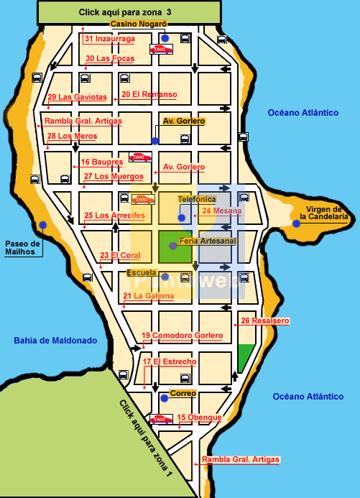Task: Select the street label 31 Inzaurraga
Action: click(109, 39)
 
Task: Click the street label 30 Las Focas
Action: click(110, 59)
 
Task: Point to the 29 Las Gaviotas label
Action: click(77, 97)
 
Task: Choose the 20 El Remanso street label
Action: click(149, 94)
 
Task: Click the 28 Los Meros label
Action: click(72, 136)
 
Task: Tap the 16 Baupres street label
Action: click(102, 162)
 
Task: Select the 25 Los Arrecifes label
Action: click(115, 216)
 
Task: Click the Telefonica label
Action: click(196, 199)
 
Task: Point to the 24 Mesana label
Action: click(222, 211)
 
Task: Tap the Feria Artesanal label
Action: click(208, 241)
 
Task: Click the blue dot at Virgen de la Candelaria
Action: click(296, 223)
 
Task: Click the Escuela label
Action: click(141, 273)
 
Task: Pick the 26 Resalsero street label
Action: click(265, 321)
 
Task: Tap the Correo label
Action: click(183, 393)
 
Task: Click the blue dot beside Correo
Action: click(164, 397)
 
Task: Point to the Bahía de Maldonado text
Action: click(55, 340)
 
